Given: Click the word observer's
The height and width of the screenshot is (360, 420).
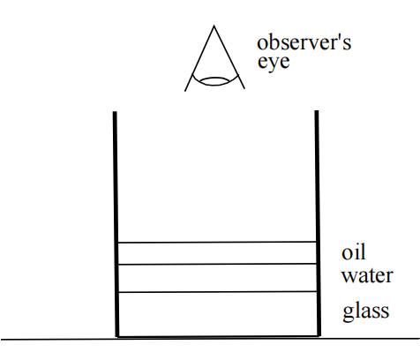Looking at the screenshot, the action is coord(304,43).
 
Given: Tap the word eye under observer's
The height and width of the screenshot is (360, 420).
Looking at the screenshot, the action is coord(274,62).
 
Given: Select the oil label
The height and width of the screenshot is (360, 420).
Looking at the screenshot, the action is coord(354,252).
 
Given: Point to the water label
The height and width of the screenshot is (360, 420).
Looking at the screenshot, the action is coord(367,275).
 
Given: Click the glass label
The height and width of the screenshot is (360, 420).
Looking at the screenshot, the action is coord(366,311).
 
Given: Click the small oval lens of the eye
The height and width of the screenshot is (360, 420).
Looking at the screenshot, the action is coord(215,81).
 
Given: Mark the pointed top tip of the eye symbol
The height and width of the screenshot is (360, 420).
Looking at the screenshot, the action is coord(214,26).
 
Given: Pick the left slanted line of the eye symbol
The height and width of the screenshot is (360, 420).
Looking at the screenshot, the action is coord(199,58).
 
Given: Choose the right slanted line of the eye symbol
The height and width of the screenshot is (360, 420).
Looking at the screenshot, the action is coord(229,56).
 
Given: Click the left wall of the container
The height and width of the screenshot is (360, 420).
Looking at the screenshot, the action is coord(116,224).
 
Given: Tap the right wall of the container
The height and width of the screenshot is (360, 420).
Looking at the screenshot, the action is coord(318,223).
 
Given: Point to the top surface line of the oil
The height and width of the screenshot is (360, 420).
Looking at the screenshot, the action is coord(217,242).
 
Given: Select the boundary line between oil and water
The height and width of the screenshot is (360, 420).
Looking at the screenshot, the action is coord(217,264).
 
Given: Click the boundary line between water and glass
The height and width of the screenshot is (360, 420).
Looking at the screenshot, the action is coord(217,292).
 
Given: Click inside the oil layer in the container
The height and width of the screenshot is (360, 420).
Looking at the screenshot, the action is coord(217,253).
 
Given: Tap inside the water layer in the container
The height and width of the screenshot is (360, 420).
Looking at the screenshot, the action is coord(217,278).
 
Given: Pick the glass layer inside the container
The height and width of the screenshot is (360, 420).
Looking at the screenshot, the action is coord(217,314).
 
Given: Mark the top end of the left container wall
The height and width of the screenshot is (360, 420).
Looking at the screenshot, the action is coord(115,112).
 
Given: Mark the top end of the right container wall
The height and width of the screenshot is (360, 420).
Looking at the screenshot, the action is coord(317,111).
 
